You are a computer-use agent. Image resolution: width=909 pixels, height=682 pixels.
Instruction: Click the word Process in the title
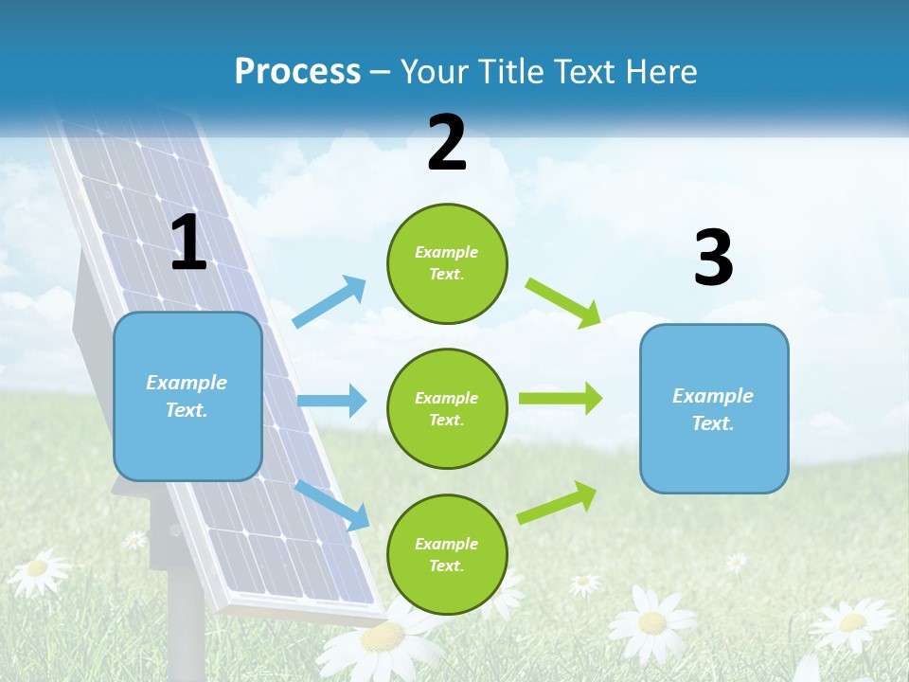(x=297, y=72)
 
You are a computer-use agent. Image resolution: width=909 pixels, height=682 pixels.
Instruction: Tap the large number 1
(x=188, y=243)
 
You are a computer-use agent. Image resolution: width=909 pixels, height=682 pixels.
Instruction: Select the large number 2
(x=447, y=143)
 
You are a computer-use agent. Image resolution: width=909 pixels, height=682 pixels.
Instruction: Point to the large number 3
(x=713, y=259)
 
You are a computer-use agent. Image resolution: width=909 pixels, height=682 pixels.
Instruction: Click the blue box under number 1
(x=187, y=396)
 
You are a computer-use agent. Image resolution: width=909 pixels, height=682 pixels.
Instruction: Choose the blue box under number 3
(x=714, y=408)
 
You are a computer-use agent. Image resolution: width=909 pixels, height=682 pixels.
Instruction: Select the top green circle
(x=447, y=263)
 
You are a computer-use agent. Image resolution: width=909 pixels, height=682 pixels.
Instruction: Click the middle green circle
(x=447, y=409)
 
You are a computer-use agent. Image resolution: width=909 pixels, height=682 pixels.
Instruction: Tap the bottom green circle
(x=447, y=555)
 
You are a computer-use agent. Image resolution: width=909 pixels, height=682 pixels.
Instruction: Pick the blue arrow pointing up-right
(x=330, y=301)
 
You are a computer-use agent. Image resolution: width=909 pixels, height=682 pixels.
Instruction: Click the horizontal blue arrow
(x=331, y=401)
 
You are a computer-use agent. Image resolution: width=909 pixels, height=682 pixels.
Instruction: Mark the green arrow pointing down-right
(x=563, y=302)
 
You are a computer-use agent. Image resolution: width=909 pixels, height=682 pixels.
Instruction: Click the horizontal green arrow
(x=561, y=398)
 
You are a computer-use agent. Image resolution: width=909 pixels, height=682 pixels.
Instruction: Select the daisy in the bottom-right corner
(x=852, y=623)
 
